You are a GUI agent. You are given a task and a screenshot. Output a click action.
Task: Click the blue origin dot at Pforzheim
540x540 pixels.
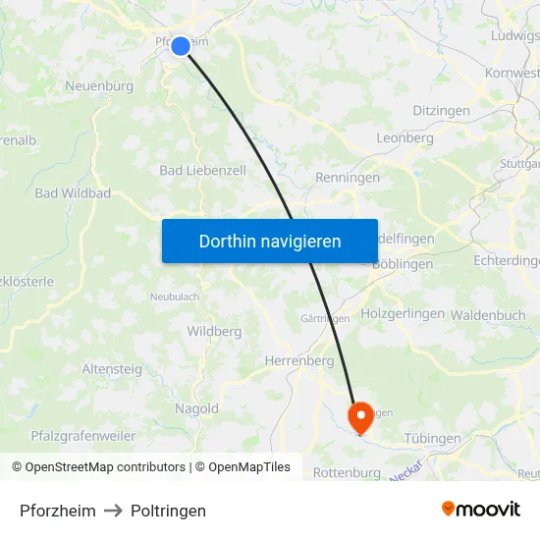(181, 46)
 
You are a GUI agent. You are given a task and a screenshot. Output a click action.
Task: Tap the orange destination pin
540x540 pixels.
(360, 416)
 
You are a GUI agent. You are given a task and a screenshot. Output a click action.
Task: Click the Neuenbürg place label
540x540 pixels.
(99, 86)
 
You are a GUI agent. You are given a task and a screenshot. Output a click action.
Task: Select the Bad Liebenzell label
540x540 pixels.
(202, 170)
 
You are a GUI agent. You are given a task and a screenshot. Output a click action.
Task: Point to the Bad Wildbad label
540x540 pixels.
(73, 193)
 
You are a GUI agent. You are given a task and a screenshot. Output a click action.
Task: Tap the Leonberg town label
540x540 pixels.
(405, 138)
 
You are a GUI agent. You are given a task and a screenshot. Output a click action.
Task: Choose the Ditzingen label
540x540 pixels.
(441, 111)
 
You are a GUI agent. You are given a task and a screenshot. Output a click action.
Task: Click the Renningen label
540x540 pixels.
(348, 178)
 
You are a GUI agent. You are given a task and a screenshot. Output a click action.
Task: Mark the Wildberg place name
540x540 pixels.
(214, 332)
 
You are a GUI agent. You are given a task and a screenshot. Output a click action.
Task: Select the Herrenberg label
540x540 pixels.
(299, 361)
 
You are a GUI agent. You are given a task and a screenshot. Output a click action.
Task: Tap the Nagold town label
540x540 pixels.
(196, 408)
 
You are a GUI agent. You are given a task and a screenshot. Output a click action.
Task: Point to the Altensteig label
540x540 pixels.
(112, 369)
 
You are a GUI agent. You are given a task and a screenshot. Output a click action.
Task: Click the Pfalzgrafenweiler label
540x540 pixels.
(83, 435)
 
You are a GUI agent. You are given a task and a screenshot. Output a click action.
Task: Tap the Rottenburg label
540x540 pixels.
(347, 473)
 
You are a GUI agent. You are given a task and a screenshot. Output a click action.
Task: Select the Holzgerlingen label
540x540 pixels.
(403, 314)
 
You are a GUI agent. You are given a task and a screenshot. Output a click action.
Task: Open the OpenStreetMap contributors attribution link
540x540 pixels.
(105, 467)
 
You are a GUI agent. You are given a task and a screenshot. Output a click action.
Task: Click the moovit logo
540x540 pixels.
(481, 510)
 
